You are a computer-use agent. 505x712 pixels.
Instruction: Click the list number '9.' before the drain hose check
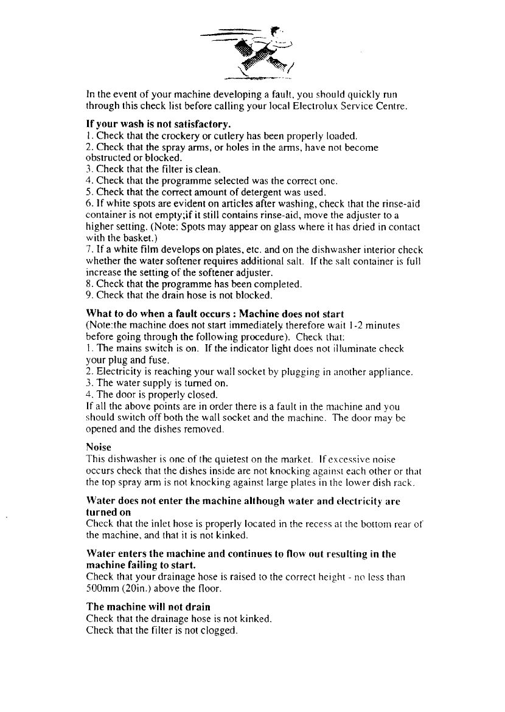pyautogui.click(x=91, y=296)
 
